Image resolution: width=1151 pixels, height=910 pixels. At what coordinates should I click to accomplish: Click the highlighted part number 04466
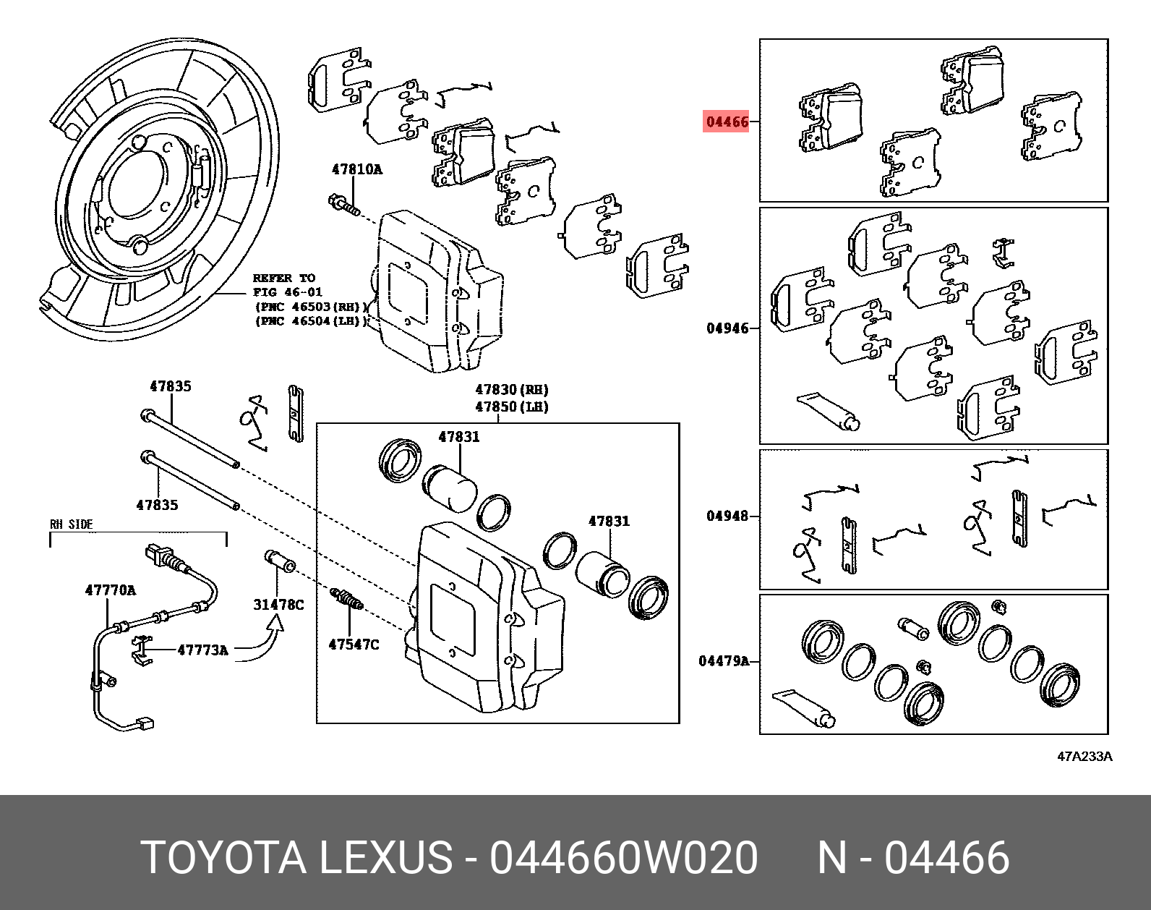(727, 122)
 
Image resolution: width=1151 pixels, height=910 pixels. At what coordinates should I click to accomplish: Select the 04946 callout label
(727, 328)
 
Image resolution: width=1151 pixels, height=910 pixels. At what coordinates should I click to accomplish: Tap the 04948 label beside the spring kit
(727, 516)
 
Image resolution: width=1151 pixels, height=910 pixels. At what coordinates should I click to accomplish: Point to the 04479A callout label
(724, 660)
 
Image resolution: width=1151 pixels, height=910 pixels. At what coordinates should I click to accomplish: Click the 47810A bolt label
(356, 169)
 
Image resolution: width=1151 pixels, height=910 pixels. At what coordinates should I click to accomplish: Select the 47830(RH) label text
(512, 390)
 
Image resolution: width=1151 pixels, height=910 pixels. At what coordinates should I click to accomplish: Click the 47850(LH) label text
(512, 407)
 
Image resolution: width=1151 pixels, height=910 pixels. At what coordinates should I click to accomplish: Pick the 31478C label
(278, 604)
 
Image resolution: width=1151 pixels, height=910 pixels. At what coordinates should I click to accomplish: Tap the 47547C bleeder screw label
(354, 644)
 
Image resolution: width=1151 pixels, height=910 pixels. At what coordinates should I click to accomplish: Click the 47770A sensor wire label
(110, 590)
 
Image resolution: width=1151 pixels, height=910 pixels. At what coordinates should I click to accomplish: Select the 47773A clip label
(202, 650)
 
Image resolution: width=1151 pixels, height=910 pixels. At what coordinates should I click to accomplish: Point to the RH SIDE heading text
(71, 524)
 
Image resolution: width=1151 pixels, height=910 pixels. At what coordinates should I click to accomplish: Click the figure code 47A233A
(1084, 757)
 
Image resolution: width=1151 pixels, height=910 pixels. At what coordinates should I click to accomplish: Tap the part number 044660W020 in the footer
(623, 858)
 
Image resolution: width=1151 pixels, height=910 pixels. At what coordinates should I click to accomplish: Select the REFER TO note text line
(283, 278)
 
